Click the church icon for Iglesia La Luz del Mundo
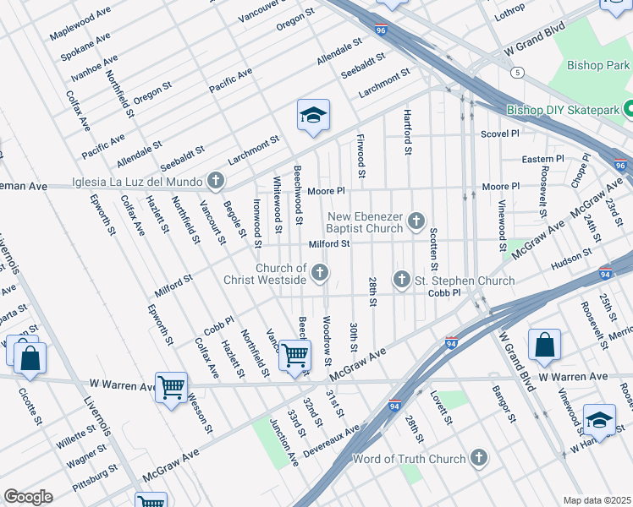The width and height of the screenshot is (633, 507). tap(217, 181)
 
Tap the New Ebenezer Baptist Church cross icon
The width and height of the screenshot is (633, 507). tap(416, 221)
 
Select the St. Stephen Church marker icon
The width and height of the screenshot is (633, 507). tap(403, 279)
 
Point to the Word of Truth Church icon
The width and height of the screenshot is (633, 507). tap(480, 459)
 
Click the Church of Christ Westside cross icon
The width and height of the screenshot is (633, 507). tap(320, 272)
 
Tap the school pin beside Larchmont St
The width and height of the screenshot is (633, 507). tap(312, 117)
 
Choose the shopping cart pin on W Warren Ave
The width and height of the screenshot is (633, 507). tap(172, 388)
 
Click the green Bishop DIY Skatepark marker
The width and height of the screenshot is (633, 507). tap(628, 109)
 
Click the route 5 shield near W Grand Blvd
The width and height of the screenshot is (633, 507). tap(515, 74)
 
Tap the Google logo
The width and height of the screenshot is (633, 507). tap(28, 496)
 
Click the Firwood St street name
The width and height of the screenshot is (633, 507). tap(361, 155)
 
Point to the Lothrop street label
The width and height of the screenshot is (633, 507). tap(510, 13)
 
